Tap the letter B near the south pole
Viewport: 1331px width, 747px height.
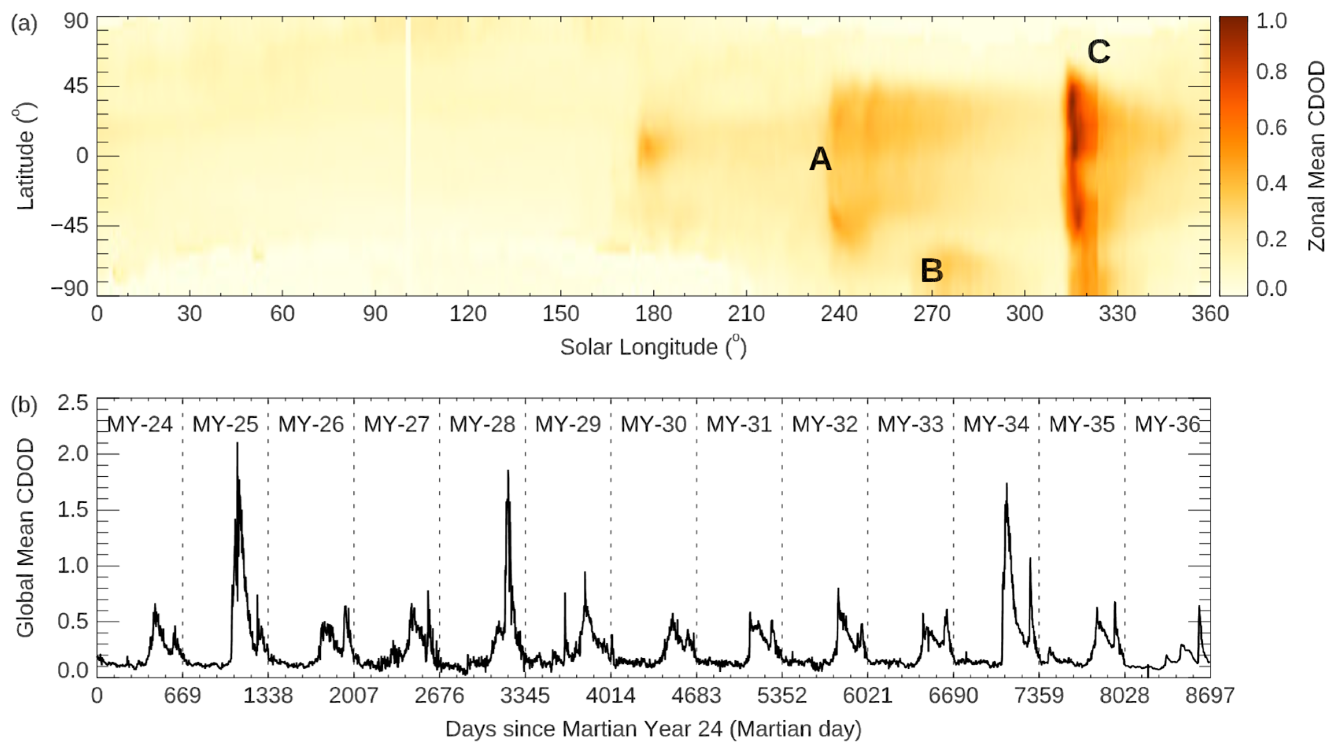tap(932, 270)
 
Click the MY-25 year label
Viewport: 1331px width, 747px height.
tap(225, 425)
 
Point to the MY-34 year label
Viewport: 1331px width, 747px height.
tap(996, 425)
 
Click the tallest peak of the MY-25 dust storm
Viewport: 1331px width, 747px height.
tap(237, 444)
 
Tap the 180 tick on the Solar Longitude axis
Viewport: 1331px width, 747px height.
tap(653, 314)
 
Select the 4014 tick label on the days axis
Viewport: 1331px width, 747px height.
tap(610, 695)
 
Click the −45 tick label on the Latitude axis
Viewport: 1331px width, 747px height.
tap(69, 226)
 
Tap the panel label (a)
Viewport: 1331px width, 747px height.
tap(24, 24)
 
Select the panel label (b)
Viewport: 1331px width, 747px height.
tap(24, 406)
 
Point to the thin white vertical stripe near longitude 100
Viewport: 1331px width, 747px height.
tap(407, 129)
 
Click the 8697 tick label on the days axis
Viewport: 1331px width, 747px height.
tap(1209, 695)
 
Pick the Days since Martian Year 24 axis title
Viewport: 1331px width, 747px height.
tap(653, 729)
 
